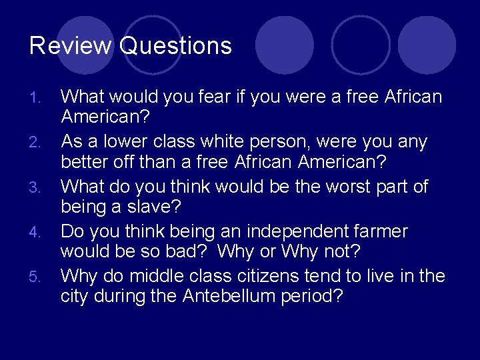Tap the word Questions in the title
click(176, 45)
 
